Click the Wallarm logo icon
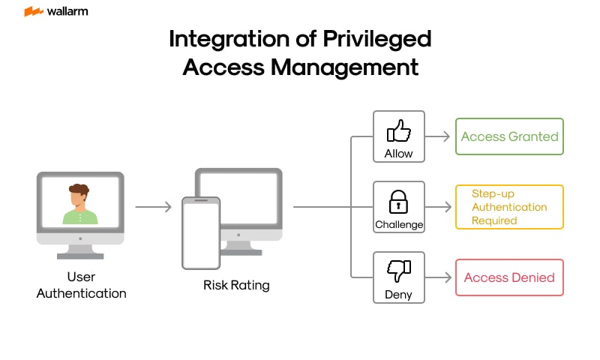[32, 12]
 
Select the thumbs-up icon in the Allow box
[399, 132]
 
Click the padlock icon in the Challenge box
[398, 201]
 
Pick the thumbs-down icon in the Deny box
[398, 271]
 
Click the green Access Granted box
[509, 136]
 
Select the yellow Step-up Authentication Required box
[509, 207]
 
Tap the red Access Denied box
[509, 277]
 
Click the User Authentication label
[81, 285]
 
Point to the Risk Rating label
[236, 285]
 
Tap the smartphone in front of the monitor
[201, 232]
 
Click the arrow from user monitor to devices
[153, 206]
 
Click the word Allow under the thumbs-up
[399, 153]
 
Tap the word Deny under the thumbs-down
[399, 294]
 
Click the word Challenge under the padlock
[399, 224]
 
